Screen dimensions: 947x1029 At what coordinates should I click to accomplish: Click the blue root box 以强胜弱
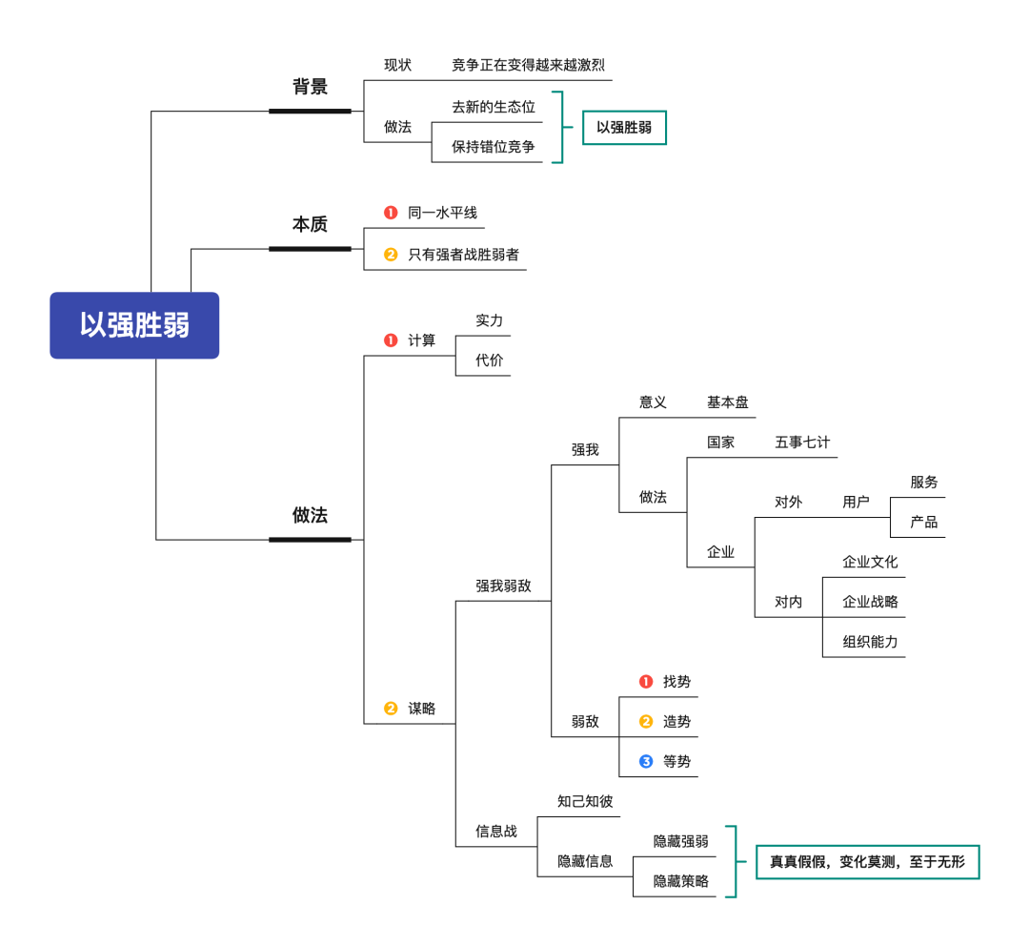(x=134, y=325)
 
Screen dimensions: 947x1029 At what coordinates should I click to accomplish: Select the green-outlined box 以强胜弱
(x=624, y=127)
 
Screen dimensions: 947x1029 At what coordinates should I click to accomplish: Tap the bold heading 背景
(x=310, y=87)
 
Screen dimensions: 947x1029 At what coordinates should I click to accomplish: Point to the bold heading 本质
(x=310, y=225)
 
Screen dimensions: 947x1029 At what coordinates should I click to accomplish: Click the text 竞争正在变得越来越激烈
(x=528, y=66)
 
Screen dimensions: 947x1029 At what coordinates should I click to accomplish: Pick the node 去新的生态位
(x=494, y=107)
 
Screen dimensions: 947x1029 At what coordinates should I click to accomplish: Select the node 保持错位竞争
(x=494, y=147)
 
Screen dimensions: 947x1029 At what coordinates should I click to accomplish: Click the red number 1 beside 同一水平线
(x=391, y=213)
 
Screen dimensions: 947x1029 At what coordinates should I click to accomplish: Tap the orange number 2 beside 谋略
(x=391, y=709)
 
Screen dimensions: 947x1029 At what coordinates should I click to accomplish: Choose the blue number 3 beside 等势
(x=646, y=762)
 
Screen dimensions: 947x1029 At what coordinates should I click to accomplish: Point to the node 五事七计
(x=802, y=443)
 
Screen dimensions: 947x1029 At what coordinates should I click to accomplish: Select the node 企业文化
(x=870, y=562)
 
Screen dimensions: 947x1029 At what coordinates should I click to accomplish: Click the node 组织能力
(x=870, y=642)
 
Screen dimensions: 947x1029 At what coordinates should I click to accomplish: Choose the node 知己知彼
(x=585, y=801)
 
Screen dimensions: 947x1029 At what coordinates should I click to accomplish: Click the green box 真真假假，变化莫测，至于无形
(x=867, y=862)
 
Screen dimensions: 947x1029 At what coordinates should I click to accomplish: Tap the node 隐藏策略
(x=680, y=881)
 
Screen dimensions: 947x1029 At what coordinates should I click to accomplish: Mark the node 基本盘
(x=728, y=402)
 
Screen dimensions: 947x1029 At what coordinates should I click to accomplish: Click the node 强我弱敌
(x=503, y=586)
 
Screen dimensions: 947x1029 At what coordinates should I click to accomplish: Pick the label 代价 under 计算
(x=490, y=360)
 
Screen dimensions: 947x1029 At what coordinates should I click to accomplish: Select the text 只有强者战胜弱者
(x=463, y=255)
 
